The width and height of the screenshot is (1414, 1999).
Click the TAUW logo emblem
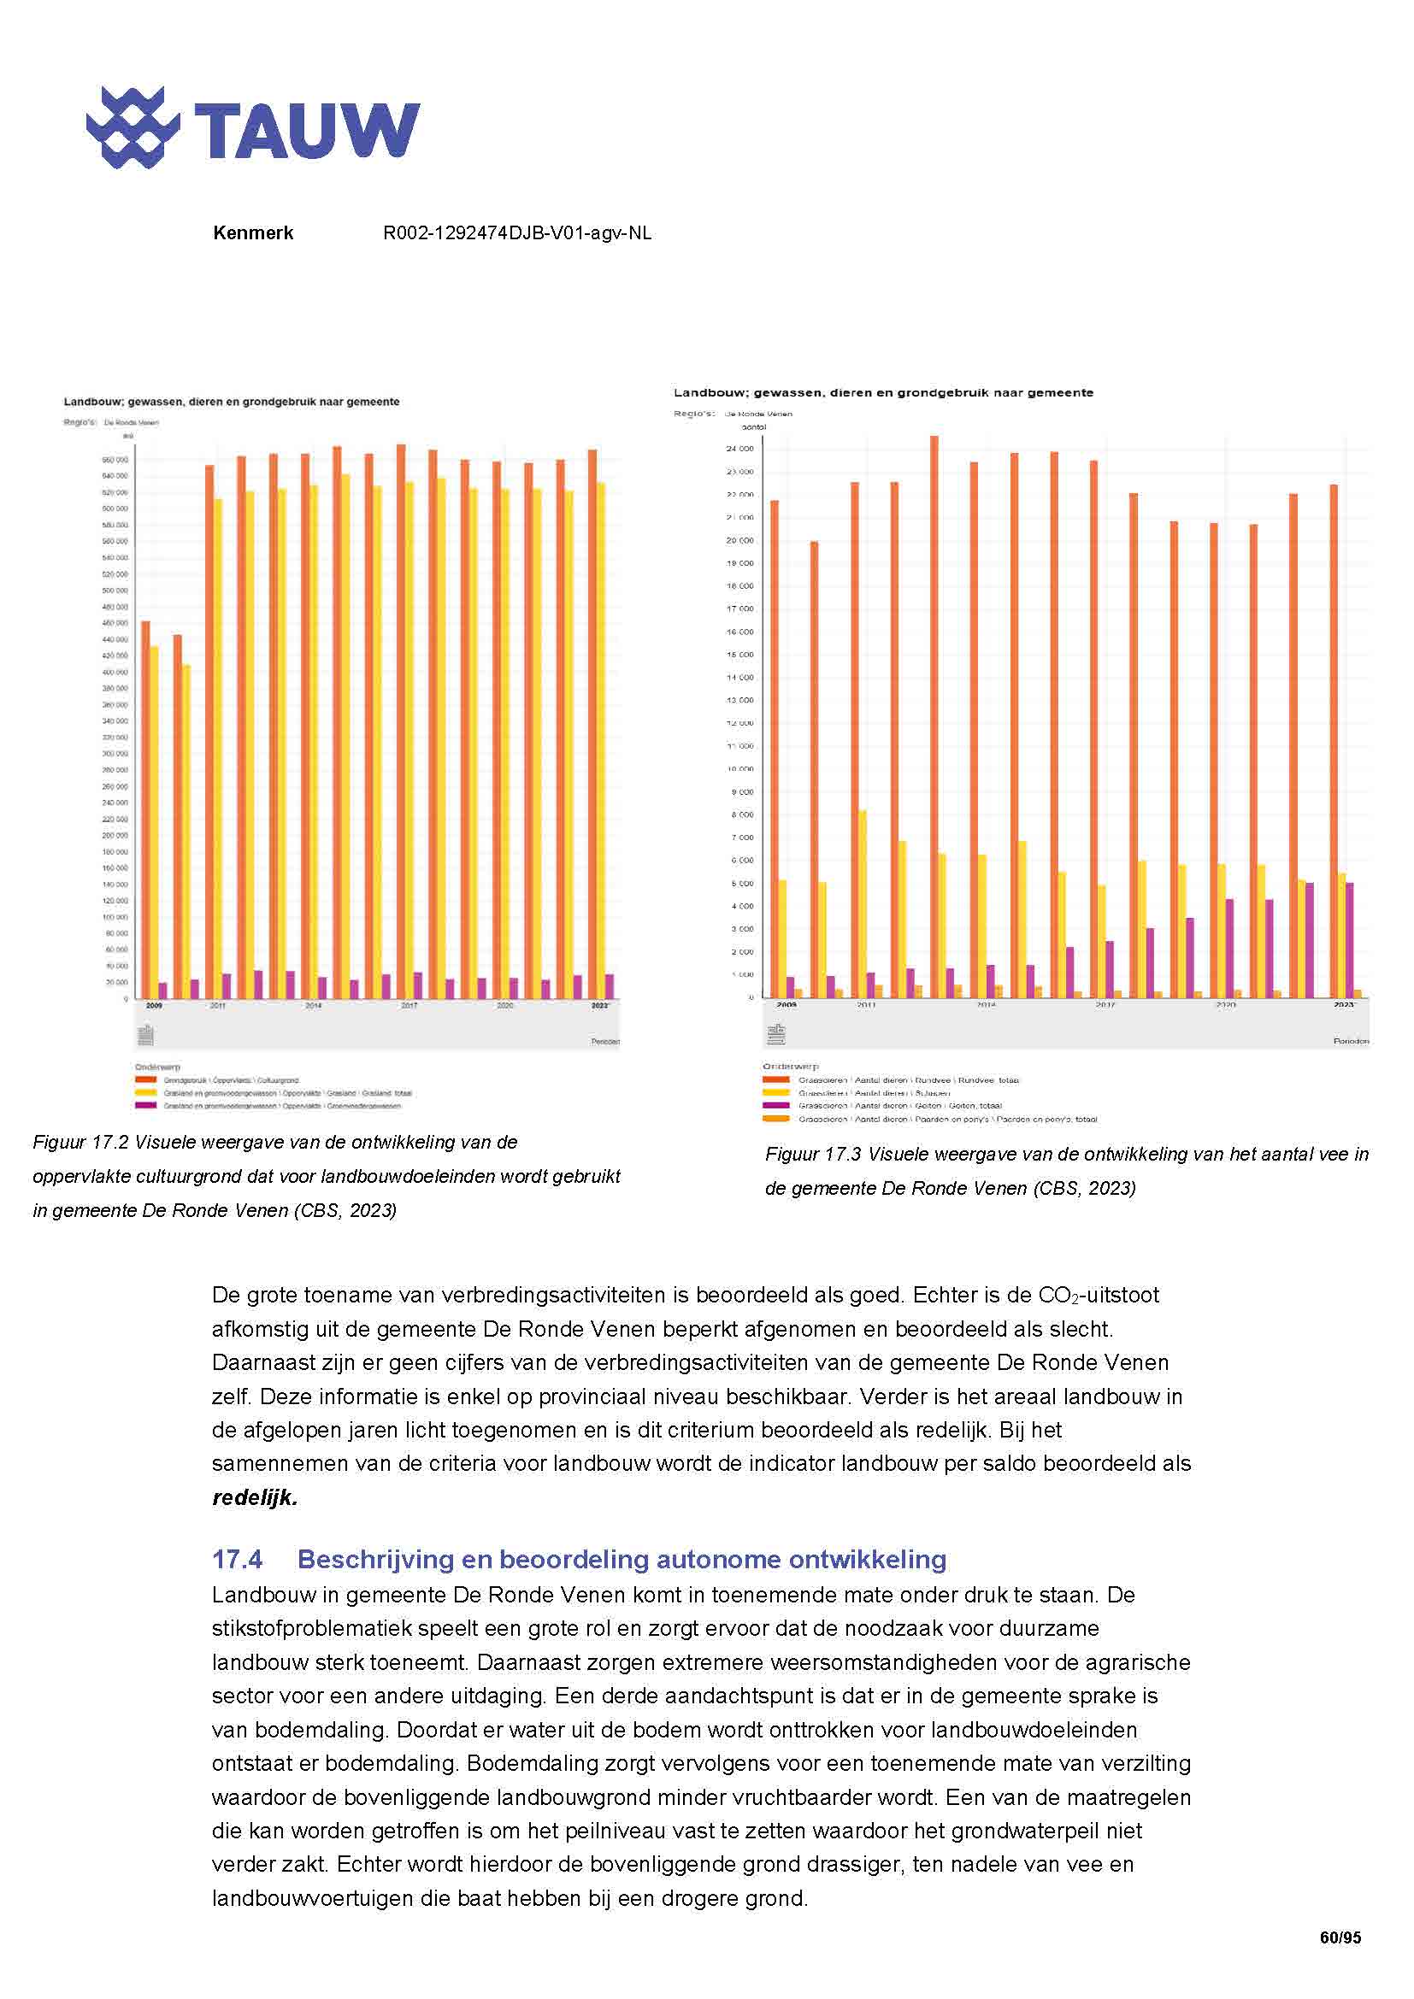tap(133, 127)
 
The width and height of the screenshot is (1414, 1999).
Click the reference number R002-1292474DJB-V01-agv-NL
tap(517, 233)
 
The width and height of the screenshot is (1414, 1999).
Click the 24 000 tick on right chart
tap(740, 449)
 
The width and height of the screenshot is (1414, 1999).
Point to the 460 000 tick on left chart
tap(114, 622)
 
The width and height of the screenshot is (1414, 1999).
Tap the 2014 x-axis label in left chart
tap(314, 1006)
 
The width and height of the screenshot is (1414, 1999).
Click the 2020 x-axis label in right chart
tap(1225, 1005)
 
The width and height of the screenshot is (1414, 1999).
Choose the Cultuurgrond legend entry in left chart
tap(231, 1080)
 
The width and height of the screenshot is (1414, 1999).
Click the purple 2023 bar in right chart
tap(1350, 940)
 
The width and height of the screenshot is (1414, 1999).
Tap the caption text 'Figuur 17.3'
tap(812, 1155)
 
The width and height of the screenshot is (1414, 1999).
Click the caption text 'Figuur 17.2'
tap(80, 1143)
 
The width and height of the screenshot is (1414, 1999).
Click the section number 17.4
tap(237, 1560)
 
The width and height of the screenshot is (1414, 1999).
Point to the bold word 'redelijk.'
tap(254, 1497)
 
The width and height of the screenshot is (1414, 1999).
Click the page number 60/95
tap(1340, 1938)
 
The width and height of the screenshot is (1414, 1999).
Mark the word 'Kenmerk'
tap(252, 233)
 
